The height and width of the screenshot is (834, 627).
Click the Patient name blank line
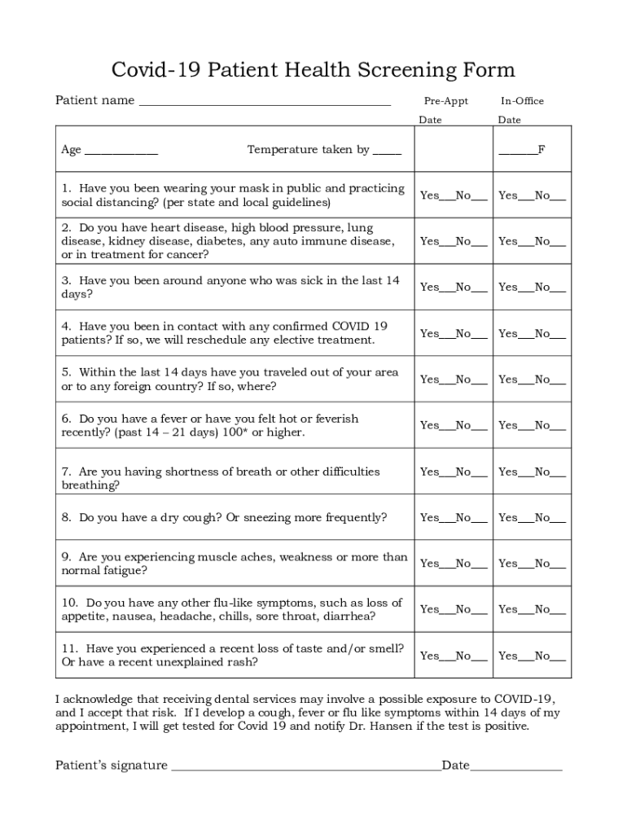(x=265, y=103)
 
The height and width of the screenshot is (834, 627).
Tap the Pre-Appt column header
(x=445, y=101)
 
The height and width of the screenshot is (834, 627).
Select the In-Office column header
(x=522, y=101)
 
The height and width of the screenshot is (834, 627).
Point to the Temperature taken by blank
(x=388, y=151)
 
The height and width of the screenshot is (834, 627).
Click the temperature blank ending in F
(x=518, y=152)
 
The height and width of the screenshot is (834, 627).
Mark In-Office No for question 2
(x=558, y=243)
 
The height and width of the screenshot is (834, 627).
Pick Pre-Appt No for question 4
(x=480, y=335)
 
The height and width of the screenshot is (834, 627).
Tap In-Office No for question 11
(x=558, y=657)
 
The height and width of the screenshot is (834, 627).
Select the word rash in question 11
(x=245, y=662)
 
